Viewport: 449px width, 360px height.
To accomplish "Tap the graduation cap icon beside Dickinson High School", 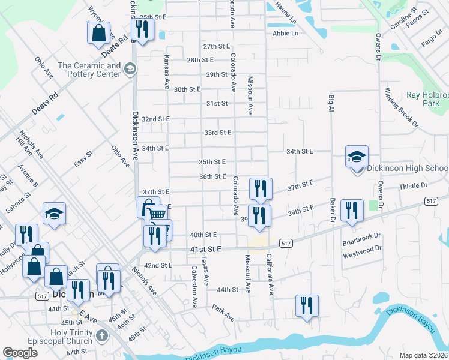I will (x=357, y=158).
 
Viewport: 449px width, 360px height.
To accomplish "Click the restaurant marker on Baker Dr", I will (x=352, y=211).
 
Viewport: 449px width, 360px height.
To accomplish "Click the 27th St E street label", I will (x=217, y=46).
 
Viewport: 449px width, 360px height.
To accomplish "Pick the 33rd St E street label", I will (x=217, y=132).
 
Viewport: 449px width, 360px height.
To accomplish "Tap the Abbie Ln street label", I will (x=285, y=34).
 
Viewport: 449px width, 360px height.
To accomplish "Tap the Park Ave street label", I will (x=223, y=312).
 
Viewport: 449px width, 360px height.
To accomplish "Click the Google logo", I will (x=20, y=353).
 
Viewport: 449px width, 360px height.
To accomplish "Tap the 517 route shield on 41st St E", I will (x=286, y=243).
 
